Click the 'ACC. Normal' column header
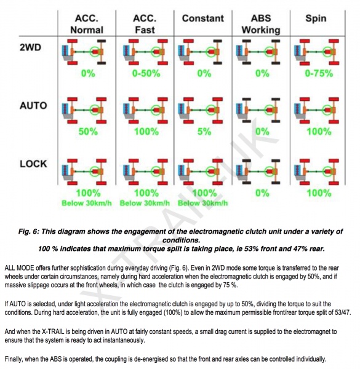coord(87,24)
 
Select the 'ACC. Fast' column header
coord(145,24)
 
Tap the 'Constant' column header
coord(203,18)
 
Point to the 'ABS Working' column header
coord(261,24)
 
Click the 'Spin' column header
coord(316,18)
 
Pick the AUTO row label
coord(33,105)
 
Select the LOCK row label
coord(33,164)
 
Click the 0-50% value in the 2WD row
coord(146,73)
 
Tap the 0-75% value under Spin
coord(319,73)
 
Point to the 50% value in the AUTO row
coord(88,132)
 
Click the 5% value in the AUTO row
coord(204,132)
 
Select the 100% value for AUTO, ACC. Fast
coord(146,132)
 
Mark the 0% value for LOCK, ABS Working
coord(262,193)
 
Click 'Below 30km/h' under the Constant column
coord(203,203)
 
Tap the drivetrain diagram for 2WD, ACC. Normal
coord(84,52)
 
